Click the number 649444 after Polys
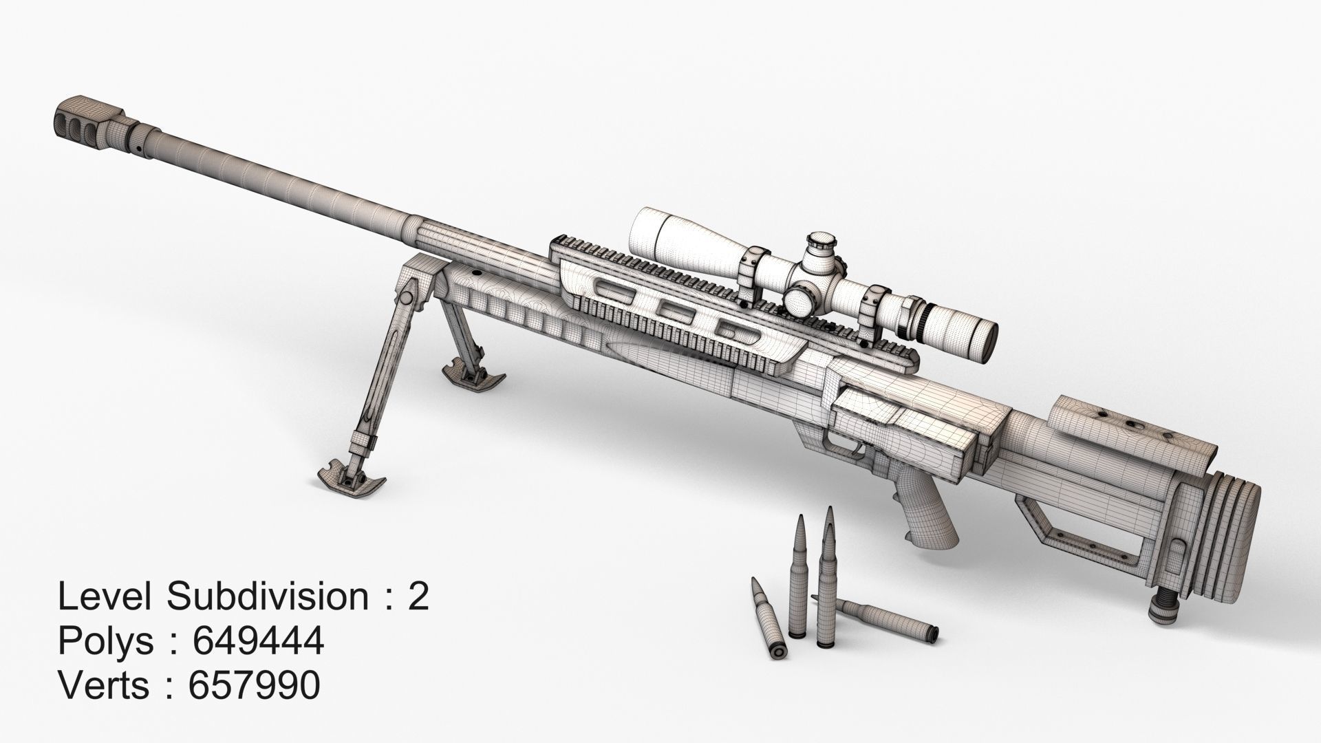(258, 642)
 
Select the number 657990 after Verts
(254, 686)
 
